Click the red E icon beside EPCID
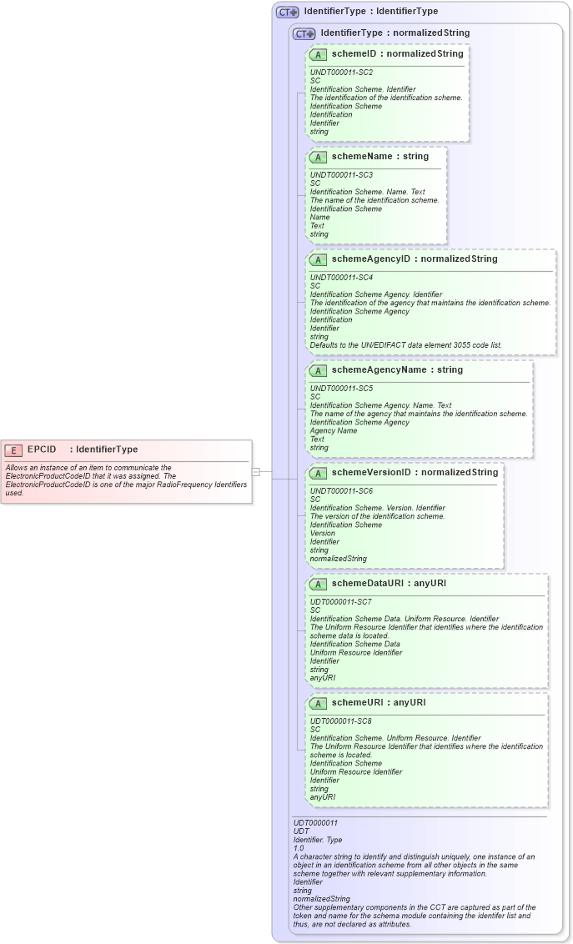tap(13, 449)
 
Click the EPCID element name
tap(42, 449)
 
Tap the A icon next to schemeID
tap(318, 54)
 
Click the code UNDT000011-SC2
tap(341, 73)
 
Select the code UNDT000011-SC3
tap(341, 175)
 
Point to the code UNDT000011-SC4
tap(341, 278)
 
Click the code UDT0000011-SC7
tap(341, 602)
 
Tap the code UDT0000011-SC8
tap(341, 721)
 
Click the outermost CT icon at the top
tap(287, 12)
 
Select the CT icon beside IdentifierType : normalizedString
tap(304, 33)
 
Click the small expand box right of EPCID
tap(256, 472)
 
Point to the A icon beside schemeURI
tap(318, 703)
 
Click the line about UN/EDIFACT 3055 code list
tap(405, 345)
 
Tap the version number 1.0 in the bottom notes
tap(299, 848)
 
